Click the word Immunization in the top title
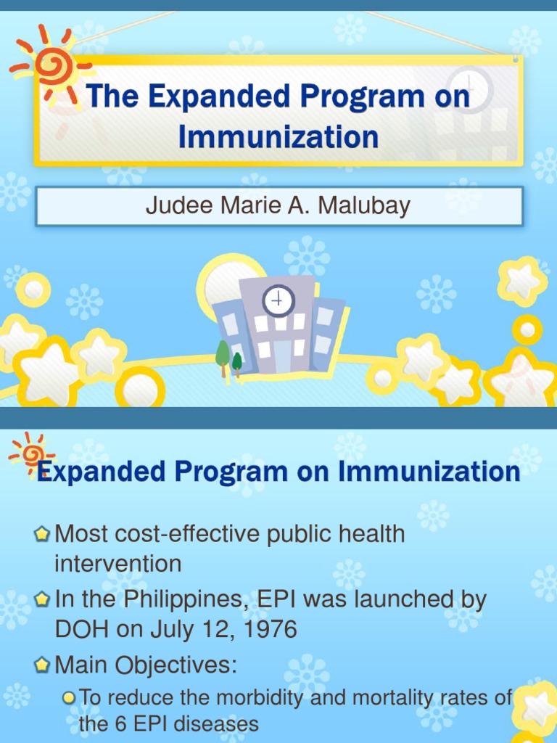click(x=278, y=136)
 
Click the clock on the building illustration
click(x=278, y=300)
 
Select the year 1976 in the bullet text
click(x=270, y=629)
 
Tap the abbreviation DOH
click(x=82, y=629)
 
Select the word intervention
click(x=118, y=563)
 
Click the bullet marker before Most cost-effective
click(x=43, y=535)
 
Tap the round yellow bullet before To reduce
click(x=69, y=698)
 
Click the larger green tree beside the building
click(x=223, y=355)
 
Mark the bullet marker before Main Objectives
click(x=43, y=664)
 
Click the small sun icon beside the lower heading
click(x=31, y=453)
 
